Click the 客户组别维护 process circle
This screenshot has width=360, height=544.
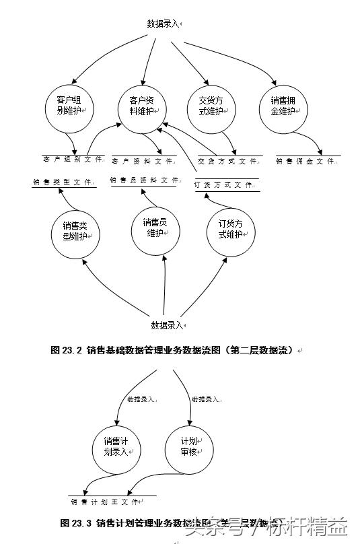pyautogui.click(x=69, y=106)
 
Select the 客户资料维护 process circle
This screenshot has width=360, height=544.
pyautogui.click(x=143, y=106)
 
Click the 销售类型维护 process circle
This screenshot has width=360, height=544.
pyautogui.click(x=75, y=231)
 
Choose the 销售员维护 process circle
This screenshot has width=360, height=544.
pyautogui.click(x=155, y=228)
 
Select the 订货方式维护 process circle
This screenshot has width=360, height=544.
pyautogui.click(x=231, y=230)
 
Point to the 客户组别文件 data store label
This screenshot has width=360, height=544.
pyautogui.click(x=72, y=160)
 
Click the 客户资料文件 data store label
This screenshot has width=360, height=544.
pyautogui.click(x=143, y=162)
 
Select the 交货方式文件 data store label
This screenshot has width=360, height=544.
pyautogui.click(x=227, y=162)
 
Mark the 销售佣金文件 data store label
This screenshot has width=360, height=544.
pyautogui.click(x=305, y=162)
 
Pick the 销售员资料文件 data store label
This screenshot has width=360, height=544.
pyautogui.click(x=144, y=180)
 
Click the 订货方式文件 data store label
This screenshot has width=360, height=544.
pyautogui.click(x=223, y=184)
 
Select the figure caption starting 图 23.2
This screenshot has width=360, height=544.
pyautogui.click(x=174, y=350)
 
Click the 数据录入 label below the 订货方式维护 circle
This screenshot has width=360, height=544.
pyautogui.click(x=168, y=325)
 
